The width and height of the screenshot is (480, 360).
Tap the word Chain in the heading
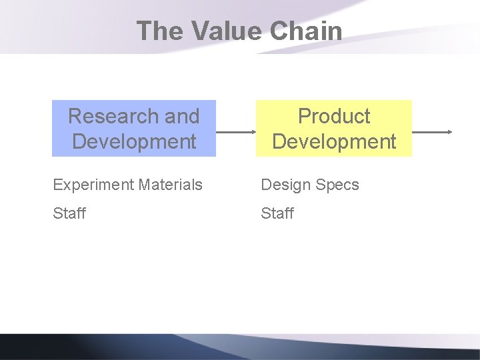309,31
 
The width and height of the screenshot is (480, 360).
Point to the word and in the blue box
182,116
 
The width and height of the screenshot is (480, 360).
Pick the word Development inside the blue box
134,141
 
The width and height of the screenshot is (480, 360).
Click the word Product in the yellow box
334,116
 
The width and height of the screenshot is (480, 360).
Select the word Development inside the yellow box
334,141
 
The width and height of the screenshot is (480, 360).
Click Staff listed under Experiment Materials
69,213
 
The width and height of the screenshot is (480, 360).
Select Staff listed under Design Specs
277,213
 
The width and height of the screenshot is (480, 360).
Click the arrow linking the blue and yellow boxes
236,132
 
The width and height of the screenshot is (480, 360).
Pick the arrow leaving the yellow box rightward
432,132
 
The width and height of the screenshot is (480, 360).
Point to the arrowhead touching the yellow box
253,132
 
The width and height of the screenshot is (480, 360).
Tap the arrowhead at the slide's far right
450,132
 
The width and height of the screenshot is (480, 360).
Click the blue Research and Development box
134,128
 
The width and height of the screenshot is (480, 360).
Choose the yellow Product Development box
334,128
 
